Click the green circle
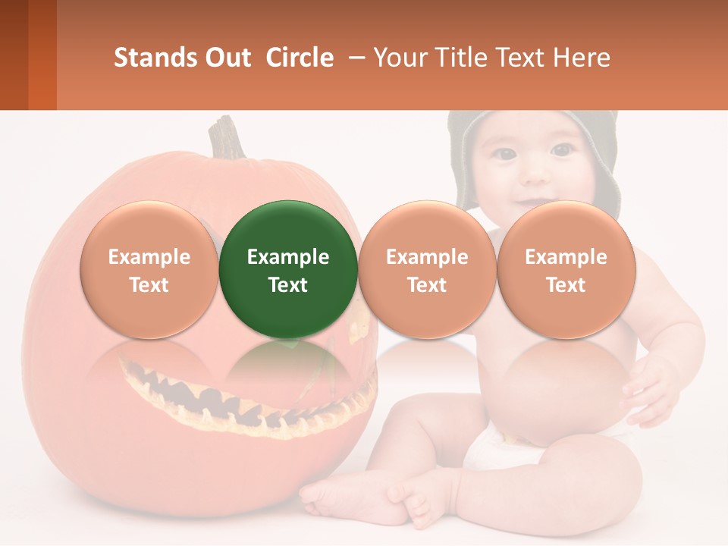(288, 269)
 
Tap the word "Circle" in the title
(300, 58)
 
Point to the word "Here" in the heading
(583, 58)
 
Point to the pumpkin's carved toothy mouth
(250, 402)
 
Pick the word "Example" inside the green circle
(288, 257)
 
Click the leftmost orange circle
(149, 269)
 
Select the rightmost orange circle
(566, 269)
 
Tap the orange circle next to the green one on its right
(427, 269)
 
